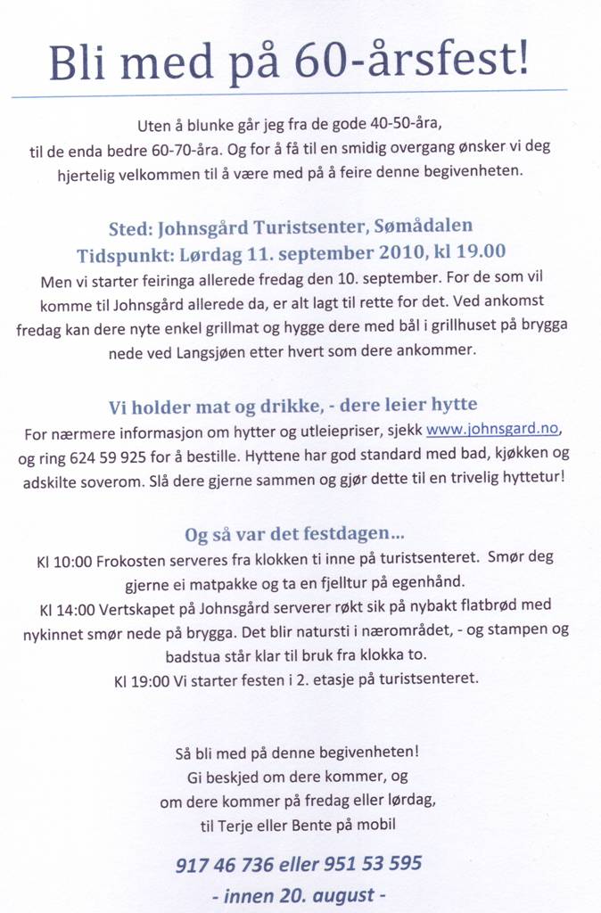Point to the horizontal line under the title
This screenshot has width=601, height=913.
click(x=289, y=93)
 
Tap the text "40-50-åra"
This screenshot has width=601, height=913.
click(x=399, y=124)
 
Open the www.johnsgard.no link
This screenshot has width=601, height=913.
click(x=492, y=430)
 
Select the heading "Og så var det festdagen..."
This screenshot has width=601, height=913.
click(x=294, y=535)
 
